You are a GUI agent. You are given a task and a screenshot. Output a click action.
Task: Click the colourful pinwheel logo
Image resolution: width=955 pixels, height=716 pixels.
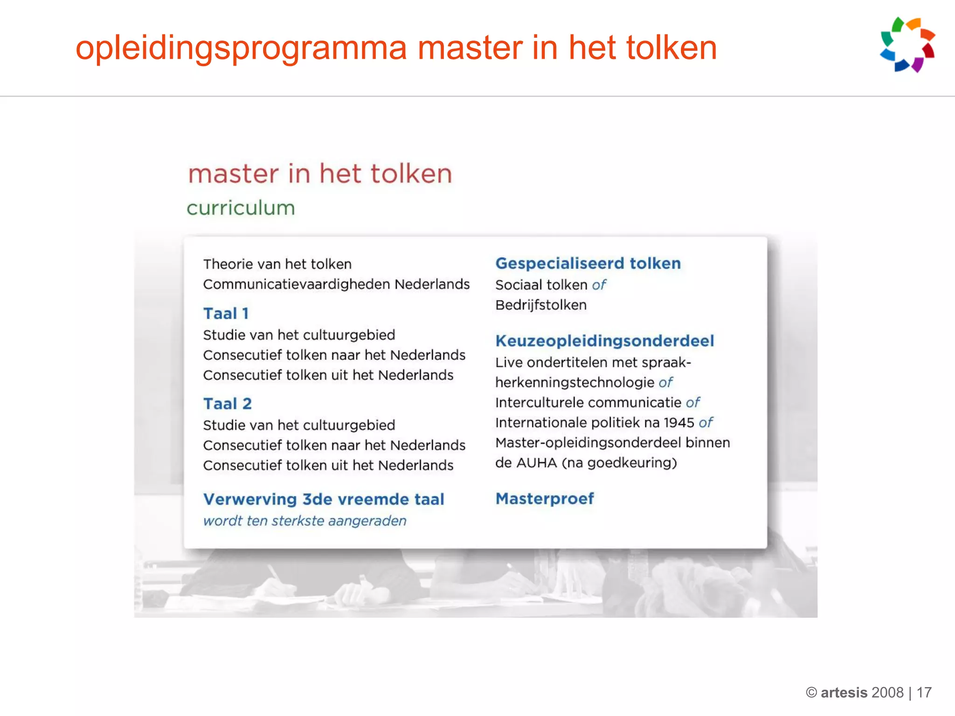[907, 45]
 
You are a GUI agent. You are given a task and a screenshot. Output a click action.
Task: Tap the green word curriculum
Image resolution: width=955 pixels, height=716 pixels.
[241, 208]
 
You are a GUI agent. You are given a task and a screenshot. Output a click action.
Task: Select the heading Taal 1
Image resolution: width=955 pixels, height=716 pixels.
[226, 314]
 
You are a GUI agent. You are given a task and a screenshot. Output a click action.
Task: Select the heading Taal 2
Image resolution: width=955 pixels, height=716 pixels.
[228, 404]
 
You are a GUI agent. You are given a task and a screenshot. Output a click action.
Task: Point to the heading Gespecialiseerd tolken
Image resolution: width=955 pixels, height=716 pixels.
[588, 263]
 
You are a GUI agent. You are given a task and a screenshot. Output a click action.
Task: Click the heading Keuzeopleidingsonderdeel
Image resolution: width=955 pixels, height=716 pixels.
[604, 341]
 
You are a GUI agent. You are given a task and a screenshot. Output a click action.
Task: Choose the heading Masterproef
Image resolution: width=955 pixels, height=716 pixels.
[545, 499]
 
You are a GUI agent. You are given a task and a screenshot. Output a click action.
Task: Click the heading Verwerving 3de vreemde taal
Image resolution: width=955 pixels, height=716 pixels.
[324, 499]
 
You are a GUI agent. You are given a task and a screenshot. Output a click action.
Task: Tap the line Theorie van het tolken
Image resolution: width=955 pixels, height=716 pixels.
[277, 264]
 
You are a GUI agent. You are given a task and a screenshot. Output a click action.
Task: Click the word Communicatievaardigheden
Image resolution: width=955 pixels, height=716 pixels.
[297, 284]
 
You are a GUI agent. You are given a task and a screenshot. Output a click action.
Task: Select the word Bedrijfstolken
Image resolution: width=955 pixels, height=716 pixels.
[541, 305]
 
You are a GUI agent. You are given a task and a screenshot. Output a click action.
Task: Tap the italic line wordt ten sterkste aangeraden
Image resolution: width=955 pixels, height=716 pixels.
[305, 521]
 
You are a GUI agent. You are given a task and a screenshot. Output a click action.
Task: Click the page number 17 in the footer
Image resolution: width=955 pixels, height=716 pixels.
[924, 693]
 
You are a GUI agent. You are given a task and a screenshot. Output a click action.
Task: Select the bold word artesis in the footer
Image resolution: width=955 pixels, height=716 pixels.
[844, 693]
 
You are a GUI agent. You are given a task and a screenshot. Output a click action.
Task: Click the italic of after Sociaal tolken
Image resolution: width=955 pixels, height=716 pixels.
[599, 285]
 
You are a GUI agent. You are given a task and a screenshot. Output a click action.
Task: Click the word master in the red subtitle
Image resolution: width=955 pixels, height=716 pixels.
[233, 174]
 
